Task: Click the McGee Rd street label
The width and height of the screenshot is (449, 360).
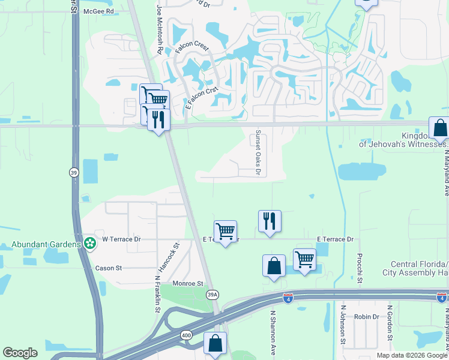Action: point(99,11)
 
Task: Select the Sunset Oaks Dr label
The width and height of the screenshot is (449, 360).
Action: point(259,153)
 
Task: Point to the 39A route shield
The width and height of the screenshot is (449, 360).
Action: point(212,295)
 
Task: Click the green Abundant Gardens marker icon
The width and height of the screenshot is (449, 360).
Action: point(89,244)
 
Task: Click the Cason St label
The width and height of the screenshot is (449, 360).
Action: point(109,268)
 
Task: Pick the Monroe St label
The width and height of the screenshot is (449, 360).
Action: point(188,283)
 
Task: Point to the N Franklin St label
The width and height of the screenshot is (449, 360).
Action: point(157,292)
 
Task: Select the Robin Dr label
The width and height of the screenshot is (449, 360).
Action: point(366,316)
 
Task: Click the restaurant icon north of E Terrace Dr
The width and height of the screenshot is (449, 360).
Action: point(270,221)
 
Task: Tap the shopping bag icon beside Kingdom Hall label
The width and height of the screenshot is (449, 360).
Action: point(440,128)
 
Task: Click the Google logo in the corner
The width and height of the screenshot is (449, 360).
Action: point(20,353)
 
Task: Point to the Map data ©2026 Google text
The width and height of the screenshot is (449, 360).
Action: point(412,355)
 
